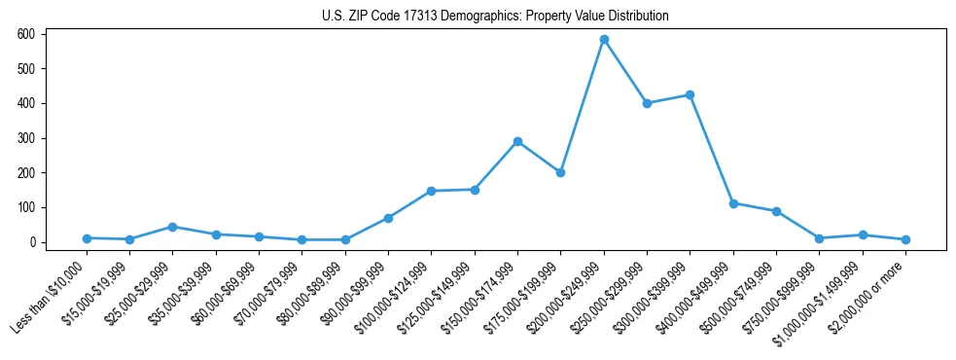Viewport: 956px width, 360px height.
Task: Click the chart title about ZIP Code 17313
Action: pos(495,16)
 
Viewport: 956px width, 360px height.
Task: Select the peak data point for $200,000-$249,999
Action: pos(604,40)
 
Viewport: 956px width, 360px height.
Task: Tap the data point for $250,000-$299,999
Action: pos(647,103)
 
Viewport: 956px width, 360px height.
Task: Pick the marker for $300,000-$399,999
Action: pos(690,95)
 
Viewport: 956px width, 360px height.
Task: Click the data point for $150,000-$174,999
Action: pos(517,141)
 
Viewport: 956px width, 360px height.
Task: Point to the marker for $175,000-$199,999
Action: pos(560,172)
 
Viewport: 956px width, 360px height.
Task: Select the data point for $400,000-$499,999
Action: pos(733,203)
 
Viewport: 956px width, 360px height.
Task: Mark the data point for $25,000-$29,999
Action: pos(172,227)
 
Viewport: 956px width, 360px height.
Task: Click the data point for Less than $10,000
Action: pos(87,238)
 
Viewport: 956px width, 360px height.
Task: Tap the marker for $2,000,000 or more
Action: pos(905,239)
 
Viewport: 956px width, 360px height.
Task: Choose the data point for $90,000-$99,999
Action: pos(388,218)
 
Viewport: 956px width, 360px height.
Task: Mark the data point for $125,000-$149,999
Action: pos(475,190)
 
